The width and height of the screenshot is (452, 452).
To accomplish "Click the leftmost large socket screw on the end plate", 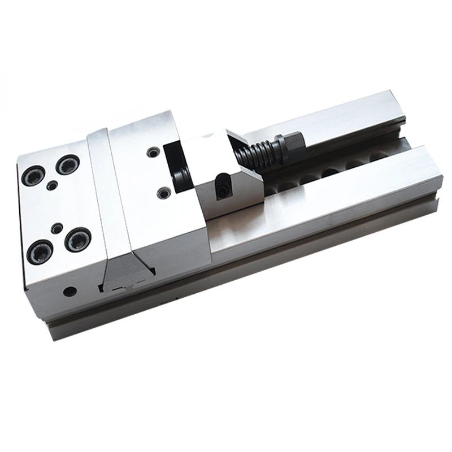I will [x=31, y=177].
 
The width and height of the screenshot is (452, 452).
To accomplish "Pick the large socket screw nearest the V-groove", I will [x=77, y=241].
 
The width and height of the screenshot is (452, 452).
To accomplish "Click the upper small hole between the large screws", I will [x=53, y=185].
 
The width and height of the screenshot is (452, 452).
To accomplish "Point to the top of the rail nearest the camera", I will [x=339, y=181].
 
